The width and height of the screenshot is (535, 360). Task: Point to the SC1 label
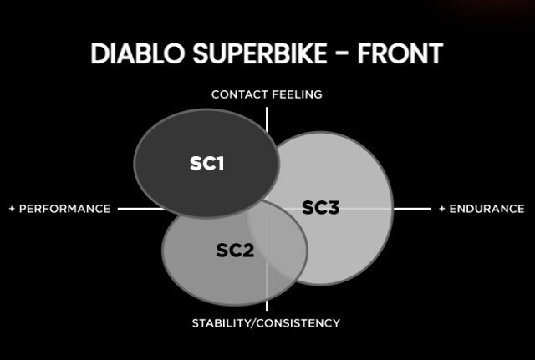pos(206,163)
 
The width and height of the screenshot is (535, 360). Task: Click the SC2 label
pos(235,250)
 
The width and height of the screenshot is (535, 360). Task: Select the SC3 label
pos(320,207)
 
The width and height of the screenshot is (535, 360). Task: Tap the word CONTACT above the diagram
pos(238,94)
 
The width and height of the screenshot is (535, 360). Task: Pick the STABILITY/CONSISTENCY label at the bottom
pos(266,322)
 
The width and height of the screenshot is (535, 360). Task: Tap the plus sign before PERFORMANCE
pos(13,209)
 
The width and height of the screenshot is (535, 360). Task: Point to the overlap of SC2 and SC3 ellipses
pos(276,242)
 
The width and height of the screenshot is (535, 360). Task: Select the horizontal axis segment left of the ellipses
pos(140,209)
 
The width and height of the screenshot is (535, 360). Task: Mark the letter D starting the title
pos(99,53)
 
